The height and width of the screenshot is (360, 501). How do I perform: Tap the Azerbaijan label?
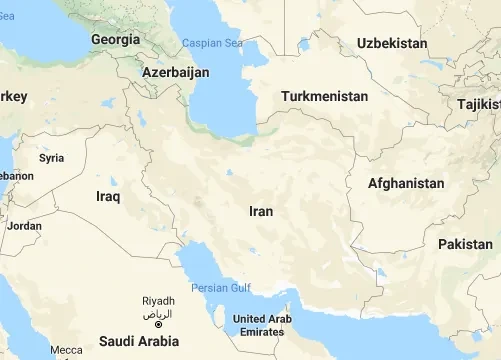coord(176,73)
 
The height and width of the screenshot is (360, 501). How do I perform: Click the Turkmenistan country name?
coord(325,96)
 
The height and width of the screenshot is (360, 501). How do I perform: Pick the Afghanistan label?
coord(406,183)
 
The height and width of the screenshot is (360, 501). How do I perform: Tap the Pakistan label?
coord(465,244)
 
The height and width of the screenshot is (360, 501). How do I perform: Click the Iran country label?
coord(261,211)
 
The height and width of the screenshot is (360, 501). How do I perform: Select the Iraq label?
coord(108,196)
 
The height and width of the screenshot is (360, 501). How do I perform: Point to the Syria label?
coord(51,158)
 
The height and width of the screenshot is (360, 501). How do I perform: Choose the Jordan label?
coord(24,226)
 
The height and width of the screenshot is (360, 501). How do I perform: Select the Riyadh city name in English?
coord(159,301)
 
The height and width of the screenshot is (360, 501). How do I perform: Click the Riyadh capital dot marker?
coord(158,325)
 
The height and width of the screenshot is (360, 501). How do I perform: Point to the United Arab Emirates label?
coord(260,325)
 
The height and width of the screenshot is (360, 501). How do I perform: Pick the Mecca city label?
coord(67,350)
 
